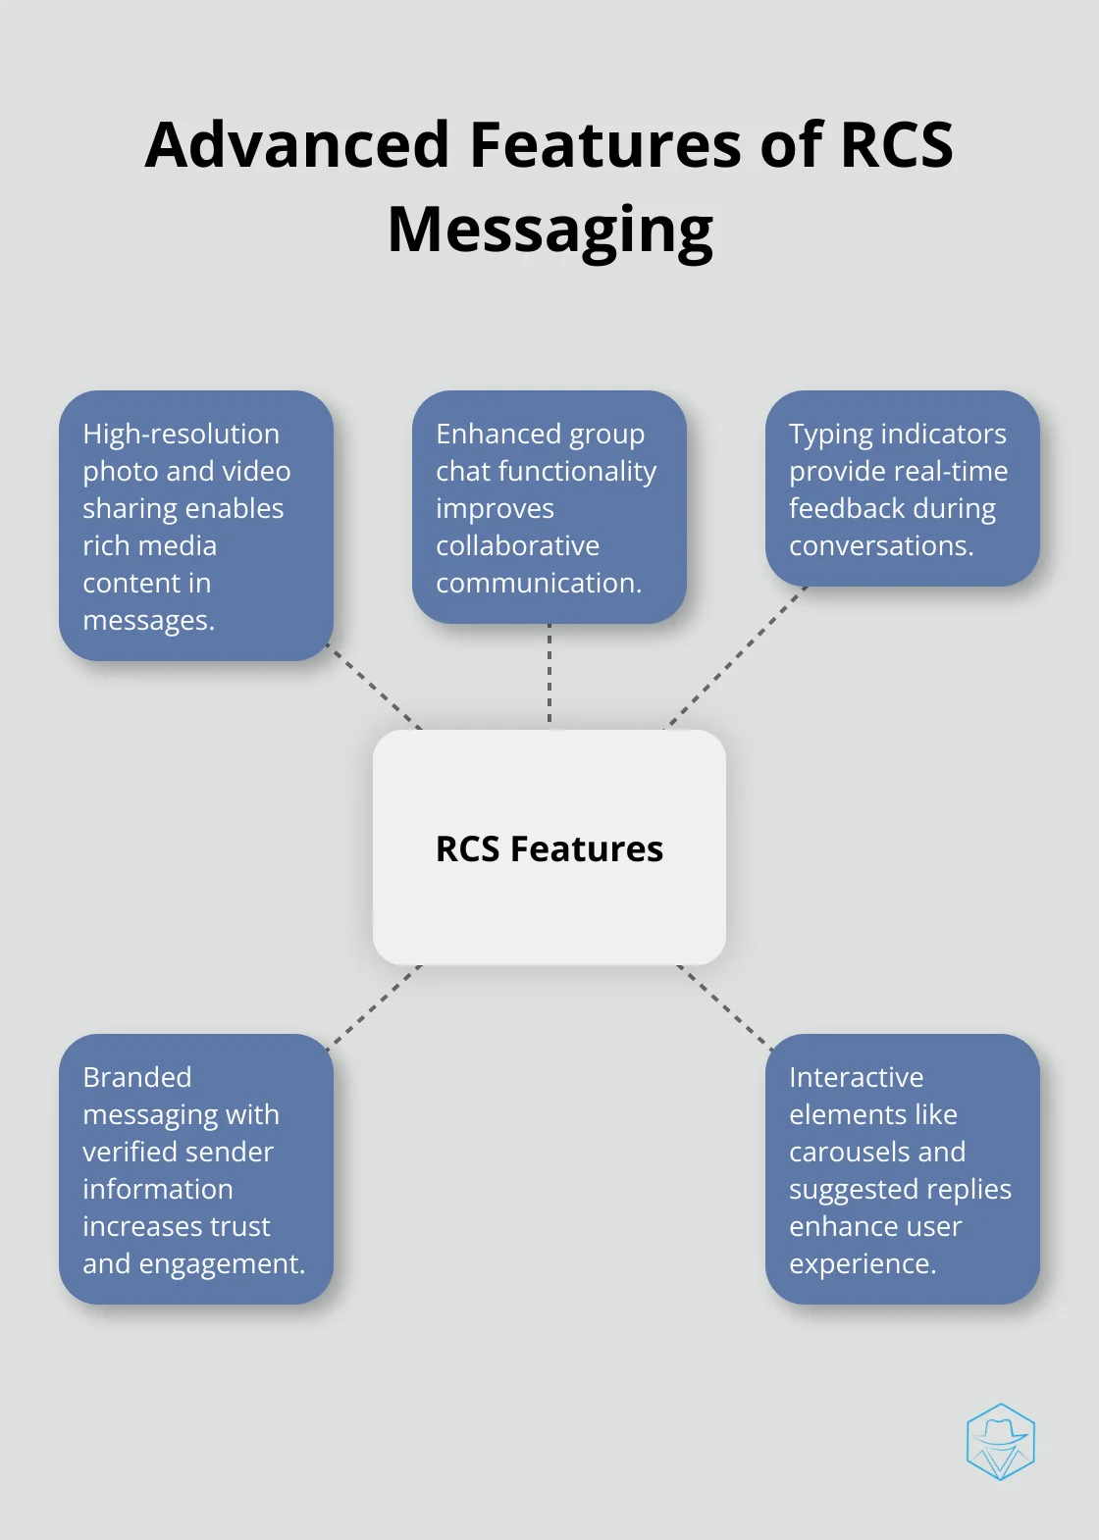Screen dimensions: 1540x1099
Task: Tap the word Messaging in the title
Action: pos(549,231)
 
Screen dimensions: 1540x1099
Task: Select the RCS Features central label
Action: pos(549,848)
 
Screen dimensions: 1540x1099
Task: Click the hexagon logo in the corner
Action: pos(1000,1441)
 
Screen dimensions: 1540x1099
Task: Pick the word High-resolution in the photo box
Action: pos(181,434)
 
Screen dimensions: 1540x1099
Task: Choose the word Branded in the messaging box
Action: pos(136,1077)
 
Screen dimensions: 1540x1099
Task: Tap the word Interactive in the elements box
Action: pos(856,1077)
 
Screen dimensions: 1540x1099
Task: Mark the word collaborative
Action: pos(517,545)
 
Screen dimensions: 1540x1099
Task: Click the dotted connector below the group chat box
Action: pos(549,676)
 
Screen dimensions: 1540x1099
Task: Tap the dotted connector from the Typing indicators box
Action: pos(736,657)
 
